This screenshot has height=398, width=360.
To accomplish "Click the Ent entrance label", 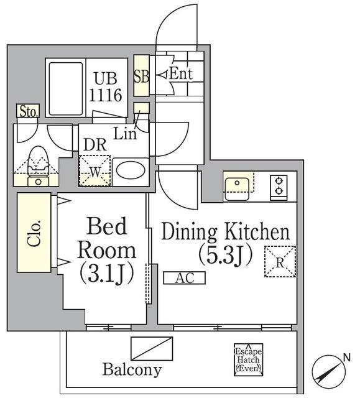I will (181, 74).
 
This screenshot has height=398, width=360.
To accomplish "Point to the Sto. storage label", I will (29, 112).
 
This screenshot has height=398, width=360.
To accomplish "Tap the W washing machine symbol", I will (94, 170).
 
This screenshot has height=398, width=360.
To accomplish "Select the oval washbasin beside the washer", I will (130, 171).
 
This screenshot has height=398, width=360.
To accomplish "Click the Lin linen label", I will (125, 132).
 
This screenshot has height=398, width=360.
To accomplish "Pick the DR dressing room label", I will (95, 144).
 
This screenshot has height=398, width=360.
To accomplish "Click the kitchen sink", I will (238, 185).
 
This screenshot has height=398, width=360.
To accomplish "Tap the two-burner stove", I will (279, 186).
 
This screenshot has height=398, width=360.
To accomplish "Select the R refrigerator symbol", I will (280, 262).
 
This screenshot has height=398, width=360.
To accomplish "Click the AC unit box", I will (184, 279).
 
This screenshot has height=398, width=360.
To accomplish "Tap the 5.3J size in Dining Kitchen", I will (225, 254).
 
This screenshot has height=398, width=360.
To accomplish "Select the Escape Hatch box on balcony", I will (248, 359).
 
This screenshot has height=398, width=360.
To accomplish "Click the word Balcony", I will (132, 370).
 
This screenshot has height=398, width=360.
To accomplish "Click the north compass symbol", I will (330, 371).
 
